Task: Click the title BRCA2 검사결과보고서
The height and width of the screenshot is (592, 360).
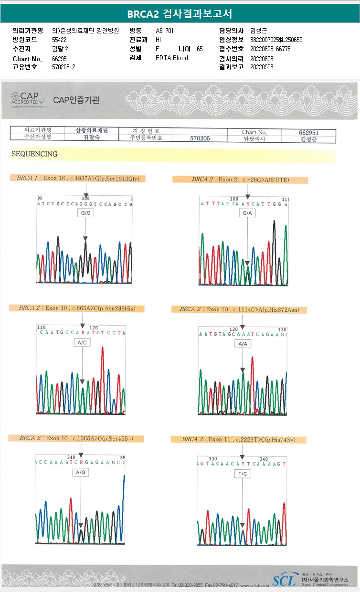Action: click(180, 14)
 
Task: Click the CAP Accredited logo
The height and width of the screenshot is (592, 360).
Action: click(29, 100)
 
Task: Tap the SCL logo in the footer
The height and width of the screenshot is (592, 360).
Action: click(284, 580)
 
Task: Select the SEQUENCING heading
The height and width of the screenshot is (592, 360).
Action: click(34, 154)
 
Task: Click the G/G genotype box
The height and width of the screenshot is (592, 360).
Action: click(85, 213)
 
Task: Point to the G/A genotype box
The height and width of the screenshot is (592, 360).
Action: click(247, 213)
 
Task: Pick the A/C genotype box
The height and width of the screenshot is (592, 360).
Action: click(82, 343)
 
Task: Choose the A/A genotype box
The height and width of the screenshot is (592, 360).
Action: click(242, 344)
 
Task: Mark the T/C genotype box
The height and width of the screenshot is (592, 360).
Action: click(243, 474)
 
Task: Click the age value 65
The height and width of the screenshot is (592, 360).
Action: click(200, 49)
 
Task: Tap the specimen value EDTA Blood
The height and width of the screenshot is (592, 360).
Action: click(172, 58)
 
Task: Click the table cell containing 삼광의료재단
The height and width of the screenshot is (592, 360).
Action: click(92, 130)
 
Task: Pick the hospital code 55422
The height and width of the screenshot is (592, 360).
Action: click(59, 40)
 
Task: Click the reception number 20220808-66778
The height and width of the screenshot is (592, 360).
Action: click(270, 49)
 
